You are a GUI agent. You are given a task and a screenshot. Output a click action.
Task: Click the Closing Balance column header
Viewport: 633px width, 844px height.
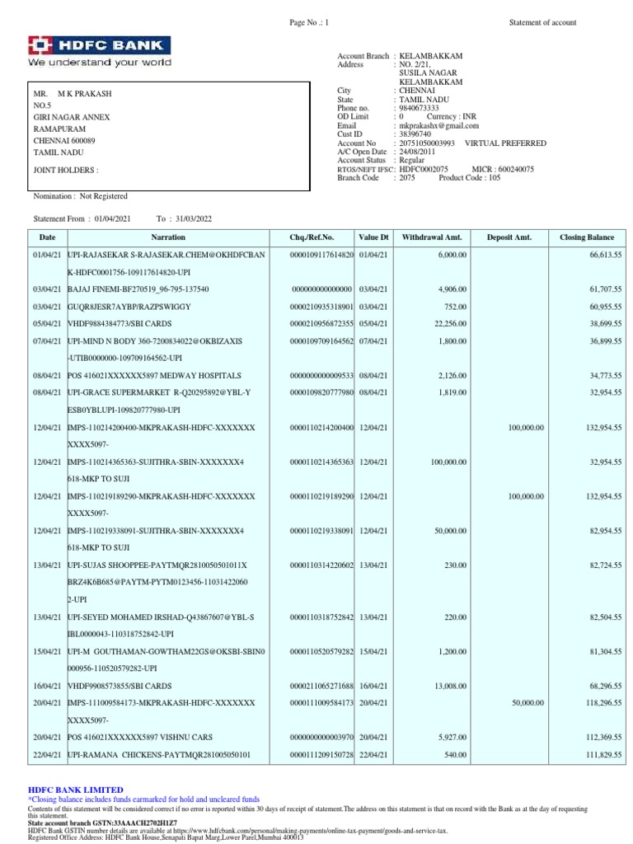[x=586, y=237]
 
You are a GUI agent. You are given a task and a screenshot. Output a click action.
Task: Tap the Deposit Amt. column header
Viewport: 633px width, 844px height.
[x=509, y=237]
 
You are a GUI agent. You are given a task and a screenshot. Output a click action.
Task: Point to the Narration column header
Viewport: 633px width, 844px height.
[x=168, y=237]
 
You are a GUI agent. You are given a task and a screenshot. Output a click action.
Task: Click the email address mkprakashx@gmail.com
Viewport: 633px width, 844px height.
[x=434, y=125]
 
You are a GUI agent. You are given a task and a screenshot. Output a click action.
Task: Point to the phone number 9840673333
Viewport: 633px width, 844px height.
[x=419, y=108]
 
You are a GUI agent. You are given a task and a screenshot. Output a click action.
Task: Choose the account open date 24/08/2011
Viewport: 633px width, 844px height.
[x=417, y=152]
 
